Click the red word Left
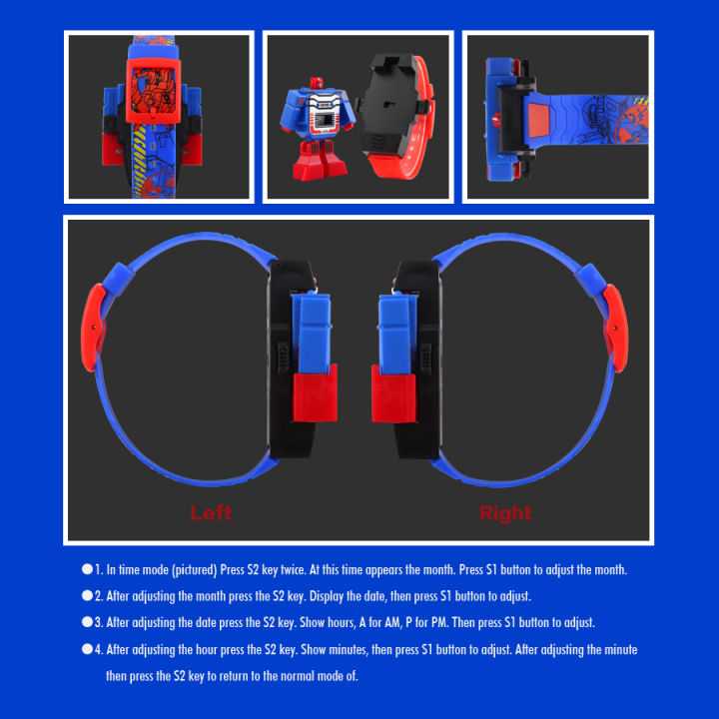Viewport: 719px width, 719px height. [x=211, y=513]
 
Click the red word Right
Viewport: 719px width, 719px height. [x=505, y=513]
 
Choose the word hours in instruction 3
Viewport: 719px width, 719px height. [x=314, y=622]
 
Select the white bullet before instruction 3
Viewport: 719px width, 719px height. [x=88, y=621]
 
